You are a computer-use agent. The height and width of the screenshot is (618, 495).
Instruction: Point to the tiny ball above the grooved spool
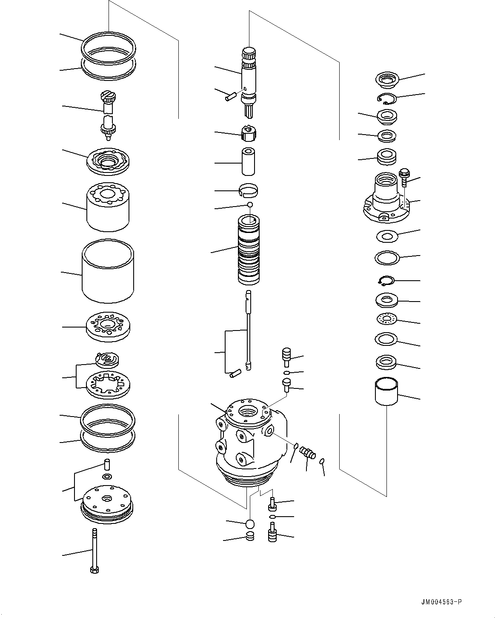tap(250, 205)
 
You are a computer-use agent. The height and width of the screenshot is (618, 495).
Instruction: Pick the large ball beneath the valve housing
tap(250, 523)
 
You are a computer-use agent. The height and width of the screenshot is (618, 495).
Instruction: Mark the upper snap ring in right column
tap(387, 98)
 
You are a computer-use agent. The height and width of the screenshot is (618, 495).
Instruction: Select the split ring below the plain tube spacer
tap(249, 190)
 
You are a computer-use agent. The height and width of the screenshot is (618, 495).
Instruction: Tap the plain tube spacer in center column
tap(249, 161)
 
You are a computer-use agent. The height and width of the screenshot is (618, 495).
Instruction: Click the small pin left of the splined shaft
tap(229, 97)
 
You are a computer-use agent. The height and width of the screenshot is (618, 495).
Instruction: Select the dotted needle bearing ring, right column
tap(387, 318)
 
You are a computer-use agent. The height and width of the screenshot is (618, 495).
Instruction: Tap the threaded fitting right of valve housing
tap(307, 452)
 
